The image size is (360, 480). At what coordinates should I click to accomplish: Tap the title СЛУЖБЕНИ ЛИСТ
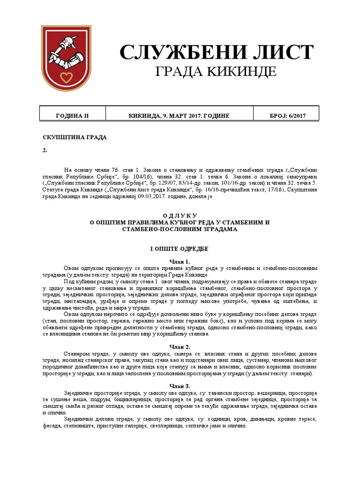click(x=216, y=52)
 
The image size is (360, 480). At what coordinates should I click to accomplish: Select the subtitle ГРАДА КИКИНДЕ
click(x=216, y=72)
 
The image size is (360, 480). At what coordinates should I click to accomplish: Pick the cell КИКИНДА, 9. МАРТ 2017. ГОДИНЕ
click(x=179, y=116)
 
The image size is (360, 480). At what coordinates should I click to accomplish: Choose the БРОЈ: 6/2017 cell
click(x=286, y=116)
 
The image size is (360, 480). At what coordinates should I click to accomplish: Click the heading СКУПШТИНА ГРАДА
click(x=75, y=137)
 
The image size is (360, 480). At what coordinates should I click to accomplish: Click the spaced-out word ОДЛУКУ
click(x=180, y=214)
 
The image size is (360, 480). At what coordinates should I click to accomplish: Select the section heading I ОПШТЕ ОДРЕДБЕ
click(x=180, y=248)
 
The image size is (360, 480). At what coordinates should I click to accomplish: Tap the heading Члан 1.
click(x=180, y=261)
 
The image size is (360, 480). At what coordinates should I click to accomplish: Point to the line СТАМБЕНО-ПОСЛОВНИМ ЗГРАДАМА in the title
click(x=180, y=229)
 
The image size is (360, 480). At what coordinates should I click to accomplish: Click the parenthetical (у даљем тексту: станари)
click(x=275, y=374)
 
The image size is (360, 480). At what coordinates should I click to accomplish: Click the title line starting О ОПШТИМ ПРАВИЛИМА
click(x=180, y=222)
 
